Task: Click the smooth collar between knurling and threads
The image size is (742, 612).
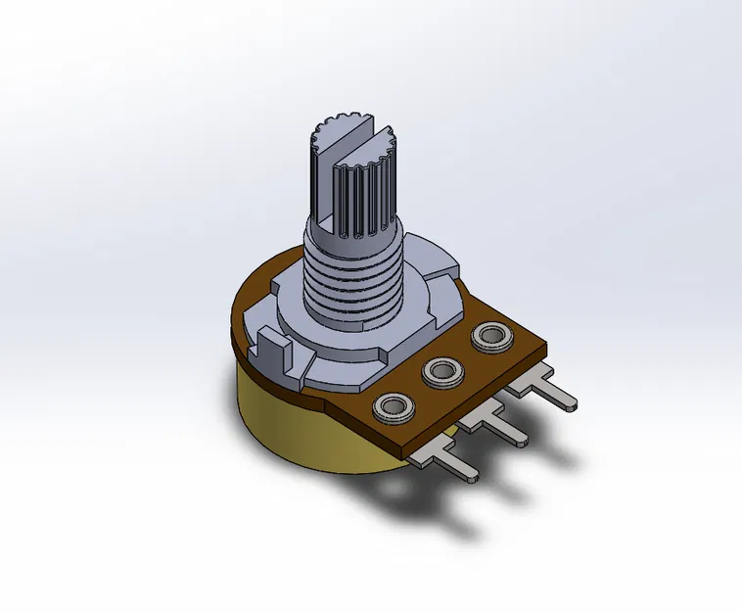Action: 352,233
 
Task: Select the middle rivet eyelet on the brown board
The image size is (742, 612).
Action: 441,371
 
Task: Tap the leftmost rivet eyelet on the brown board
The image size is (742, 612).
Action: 394,404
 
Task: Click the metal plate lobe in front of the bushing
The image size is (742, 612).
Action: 343,367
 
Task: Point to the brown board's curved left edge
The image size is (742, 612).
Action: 237,323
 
